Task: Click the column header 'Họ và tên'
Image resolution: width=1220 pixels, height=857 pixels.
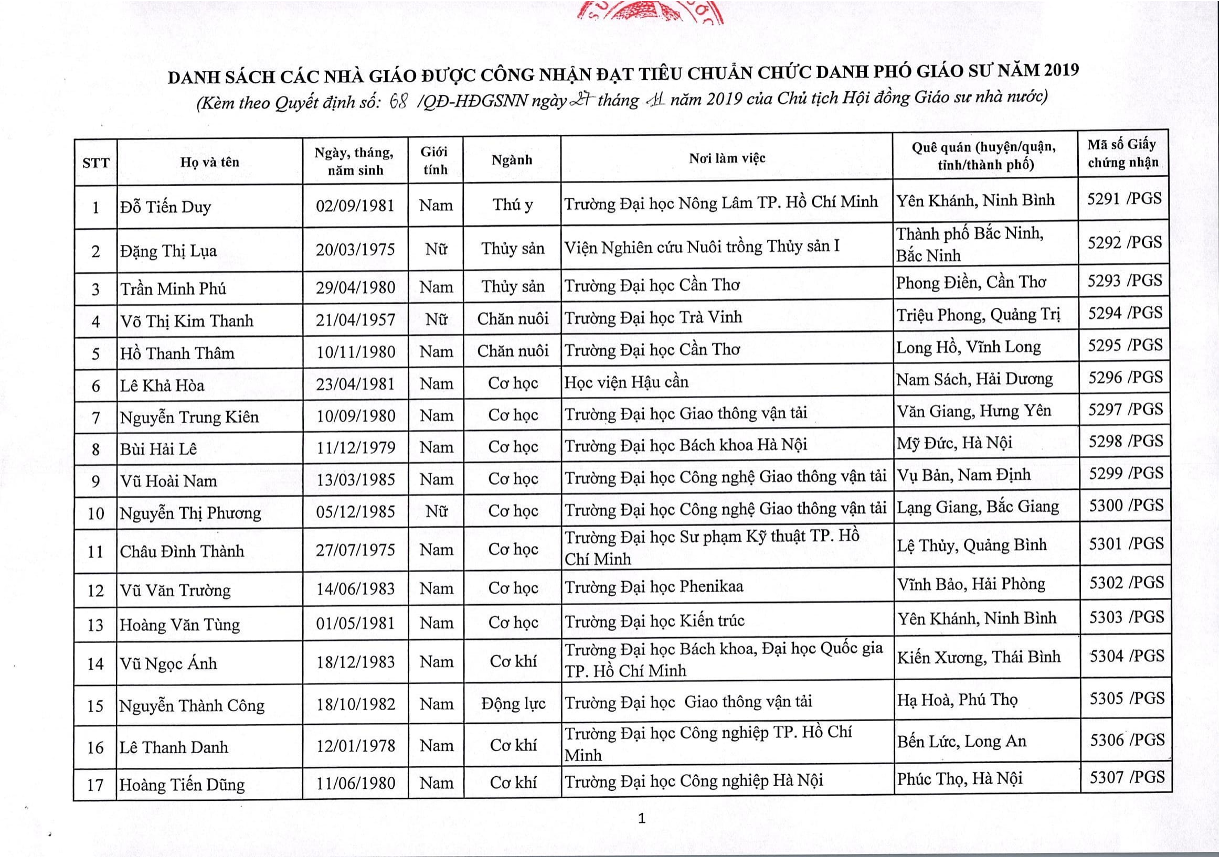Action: pyautogui.click(x=209, y=163)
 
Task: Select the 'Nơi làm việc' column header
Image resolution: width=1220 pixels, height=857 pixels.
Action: pyautogui.click(x=727, y=158)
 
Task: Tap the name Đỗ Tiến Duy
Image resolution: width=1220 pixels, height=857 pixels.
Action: pyautogui.click(x=165, y=207)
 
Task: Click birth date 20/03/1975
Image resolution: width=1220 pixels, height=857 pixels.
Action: pyautogui.click(x=355, y=250)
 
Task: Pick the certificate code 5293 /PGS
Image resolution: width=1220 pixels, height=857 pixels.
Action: pyautogui.click(x=1124, y=281)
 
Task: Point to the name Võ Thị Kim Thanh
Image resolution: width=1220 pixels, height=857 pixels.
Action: pyautogui.click(x=186, y=320)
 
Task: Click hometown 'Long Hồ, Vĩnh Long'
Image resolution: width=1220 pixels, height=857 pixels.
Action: pyautogui.click(x=968, y=347)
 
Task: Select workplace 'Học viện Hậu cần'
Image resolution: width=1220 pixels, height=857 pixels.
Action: pyautogui.click(x=626, y=382)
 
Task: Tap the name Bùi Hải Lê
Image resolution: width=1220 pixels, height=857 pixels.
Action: pyautogui.click(x=158, y=449)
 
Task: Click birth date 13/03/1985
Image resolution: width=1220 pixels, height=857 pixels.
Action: pyautogui.click(x=355, y=479)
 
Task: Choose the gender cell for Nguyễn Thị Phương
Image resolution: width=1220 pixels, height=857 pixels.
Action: pyautogui.click(x=435, y=511)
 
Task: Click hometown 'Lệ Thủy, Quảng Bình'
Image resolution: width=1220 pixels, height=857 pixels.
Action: pyautogui.click(x=972, y=545)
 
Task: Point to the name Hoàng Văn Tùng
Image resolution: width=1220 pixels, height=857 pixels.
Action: pyautogui.click(x=179, y=625)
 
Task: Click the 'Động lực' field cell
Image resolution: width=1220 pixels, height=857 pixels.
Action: pyautogui.click(x=513, y=704)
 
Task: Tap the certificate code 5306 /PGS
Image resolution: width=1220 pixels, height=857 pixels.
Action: pyautogui.click(x=1127, y=740)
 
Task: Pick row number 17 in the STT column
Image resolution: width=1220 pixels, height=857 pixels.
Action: pyautogui.click(x=95, y=785)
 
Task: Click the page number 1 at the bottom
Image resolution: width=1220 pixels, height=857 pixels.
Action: pyautogui.click(x=641, y=819)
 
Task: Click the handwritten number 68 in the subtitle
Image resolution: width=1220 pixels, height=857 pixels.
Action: pyautogui.click(x=398, y=101)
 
